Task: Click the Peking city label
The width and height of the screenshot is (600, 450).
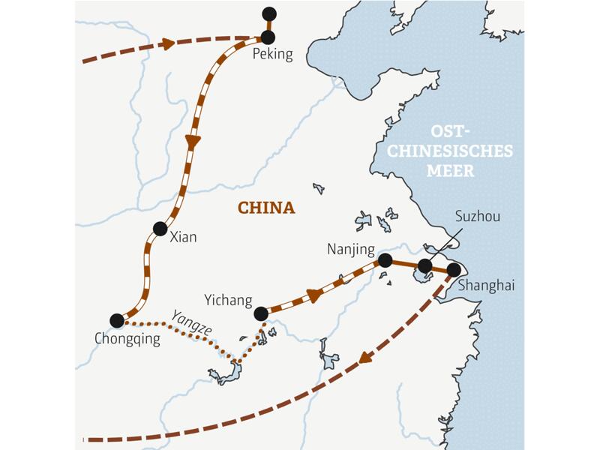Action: (272, 54)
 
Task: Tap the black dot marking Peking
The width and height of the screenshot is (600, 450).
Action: (268, 37)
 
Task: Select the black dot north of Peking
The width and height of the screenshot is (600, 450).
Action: (269, 13)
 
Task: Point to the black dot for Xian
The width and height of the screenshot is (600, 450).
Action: (159, 229)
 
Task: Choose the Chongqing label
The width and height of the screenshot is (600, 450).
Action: (127, 340)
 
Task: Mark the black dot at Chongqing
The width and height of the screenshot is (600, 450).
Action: (116, 320)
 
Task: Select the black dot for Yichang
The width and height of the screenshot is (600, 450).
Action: (260, 313)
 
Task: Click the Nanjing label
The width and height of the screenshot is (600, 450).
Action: (349, 248)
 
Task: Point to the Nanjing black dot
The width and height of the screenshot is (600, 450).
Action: (385, 260)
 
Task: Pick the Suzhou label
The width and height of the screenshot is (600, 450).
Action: (478, 217)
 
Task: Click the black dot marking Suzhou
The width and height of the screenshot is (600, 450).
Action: (424, 265)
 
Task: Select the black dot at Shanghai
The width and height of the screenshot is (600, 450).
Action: (453, 269)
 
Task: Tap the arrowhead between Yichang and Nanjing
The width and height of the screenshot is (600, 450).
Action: (314, 295)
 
